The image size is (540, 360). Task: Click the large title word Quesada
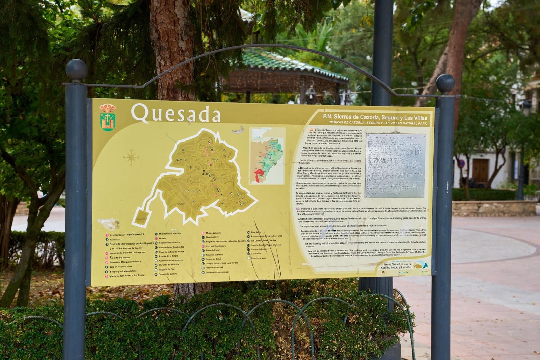(175, 113)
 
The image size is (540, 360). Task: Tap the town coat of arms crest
(107, 117)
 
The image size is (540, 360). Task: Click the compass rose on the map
(131, 157)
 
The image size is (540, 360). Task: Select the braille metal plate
(395, 165)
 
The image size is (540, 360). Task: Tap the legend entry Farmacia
(115, 239)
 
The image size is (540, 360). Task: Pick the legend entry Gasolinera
(256, 254)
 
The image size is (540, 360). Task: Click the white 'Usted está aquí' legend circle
(249, 258)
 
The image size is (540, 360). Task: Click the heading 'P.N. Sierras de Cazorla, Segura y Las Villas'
(375, 118)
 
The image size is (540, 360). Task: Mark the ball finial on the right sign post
(445, 83)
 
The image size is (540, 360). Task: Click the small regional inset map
(267, 156)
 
